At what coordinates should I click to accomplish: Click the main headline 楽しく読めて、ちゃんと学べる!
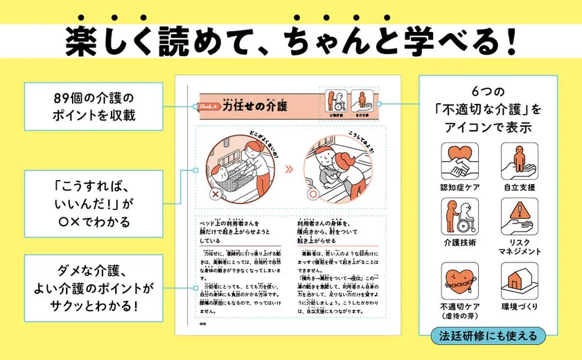pos(291,43)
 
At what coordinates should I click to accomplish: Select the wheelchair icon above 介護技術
pos(459,215)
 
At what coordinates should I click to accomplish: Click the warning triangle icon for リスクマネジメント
pos(518,215)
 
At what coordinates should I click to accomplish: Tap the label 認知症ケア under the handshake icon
pos(459,187)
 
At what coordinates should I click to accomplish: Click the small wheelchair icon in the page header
pos(337,102)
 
